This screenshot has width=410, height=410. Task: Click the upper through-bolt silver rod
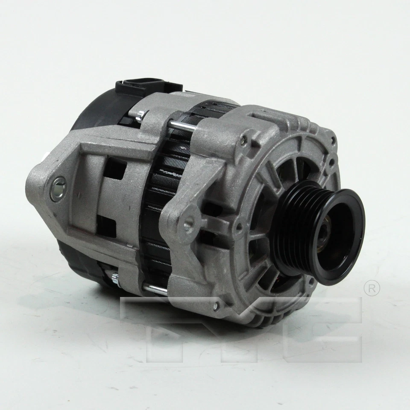(x=182, y=124)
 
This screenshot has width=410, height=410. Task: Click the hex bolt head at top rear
(x=140, y=114)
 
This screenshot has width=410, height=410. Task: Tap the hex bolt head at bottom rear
(x=115, y=278)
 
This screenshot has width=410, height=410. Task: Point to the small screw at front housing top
(x=243, y=140)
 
